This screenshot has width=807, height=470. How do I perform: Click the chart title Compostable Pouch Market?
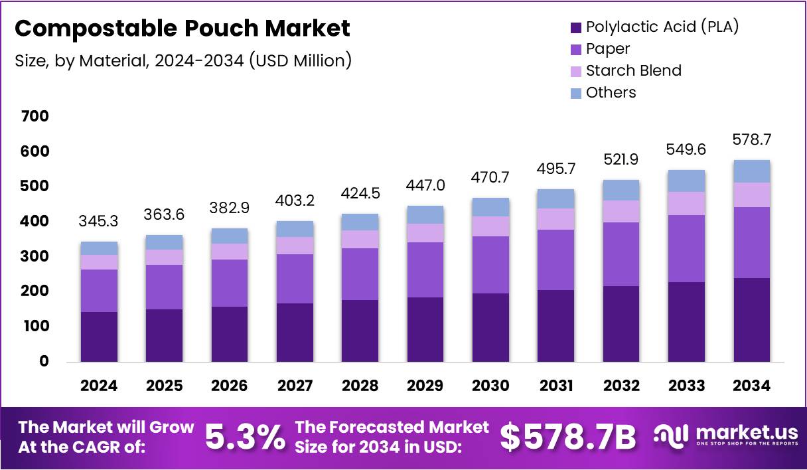coord(182,29)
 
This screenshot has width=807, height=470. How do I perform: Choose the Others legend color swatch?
coord(575,93)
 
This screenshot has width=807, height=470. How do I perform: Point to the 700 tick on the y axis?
coord(35,117)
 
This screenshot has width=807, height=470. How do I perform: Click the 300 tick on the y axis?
coord(35,256)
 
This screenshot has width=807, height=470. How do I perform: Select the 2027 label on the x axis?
coord(295,386)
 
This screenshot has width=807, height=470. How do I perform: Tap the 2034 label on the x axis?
coord(751,386)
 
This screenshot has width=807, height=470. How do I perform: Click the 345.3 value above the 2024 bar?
coord(99,220)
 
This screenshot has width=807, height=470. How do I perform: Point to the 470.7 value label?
coord(490,178)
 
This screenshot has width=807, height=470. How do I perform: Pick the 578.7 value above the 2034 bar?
coord(751,140)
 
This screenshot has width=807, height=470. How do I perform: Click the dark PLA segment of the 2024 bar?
coord(99,337)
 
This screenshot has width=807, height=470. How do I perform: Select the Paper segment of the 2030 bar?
coord(490,264)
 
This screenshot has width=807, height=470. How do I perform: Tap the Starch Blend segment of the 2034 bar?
coord(751,195)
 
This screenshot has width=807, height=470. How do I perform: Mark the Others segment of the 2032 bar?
coord(621,190)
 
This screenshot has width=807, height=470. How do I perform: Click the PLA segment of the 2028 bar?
coord(360,331)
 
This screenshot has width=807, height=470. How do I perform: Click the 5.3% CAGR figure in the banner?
coord(244,437)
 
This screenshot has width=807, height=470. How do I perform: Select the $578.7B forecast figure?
coord(567,437)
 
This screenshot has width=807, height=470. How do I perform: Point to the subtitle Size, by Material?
coord(183,61)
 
